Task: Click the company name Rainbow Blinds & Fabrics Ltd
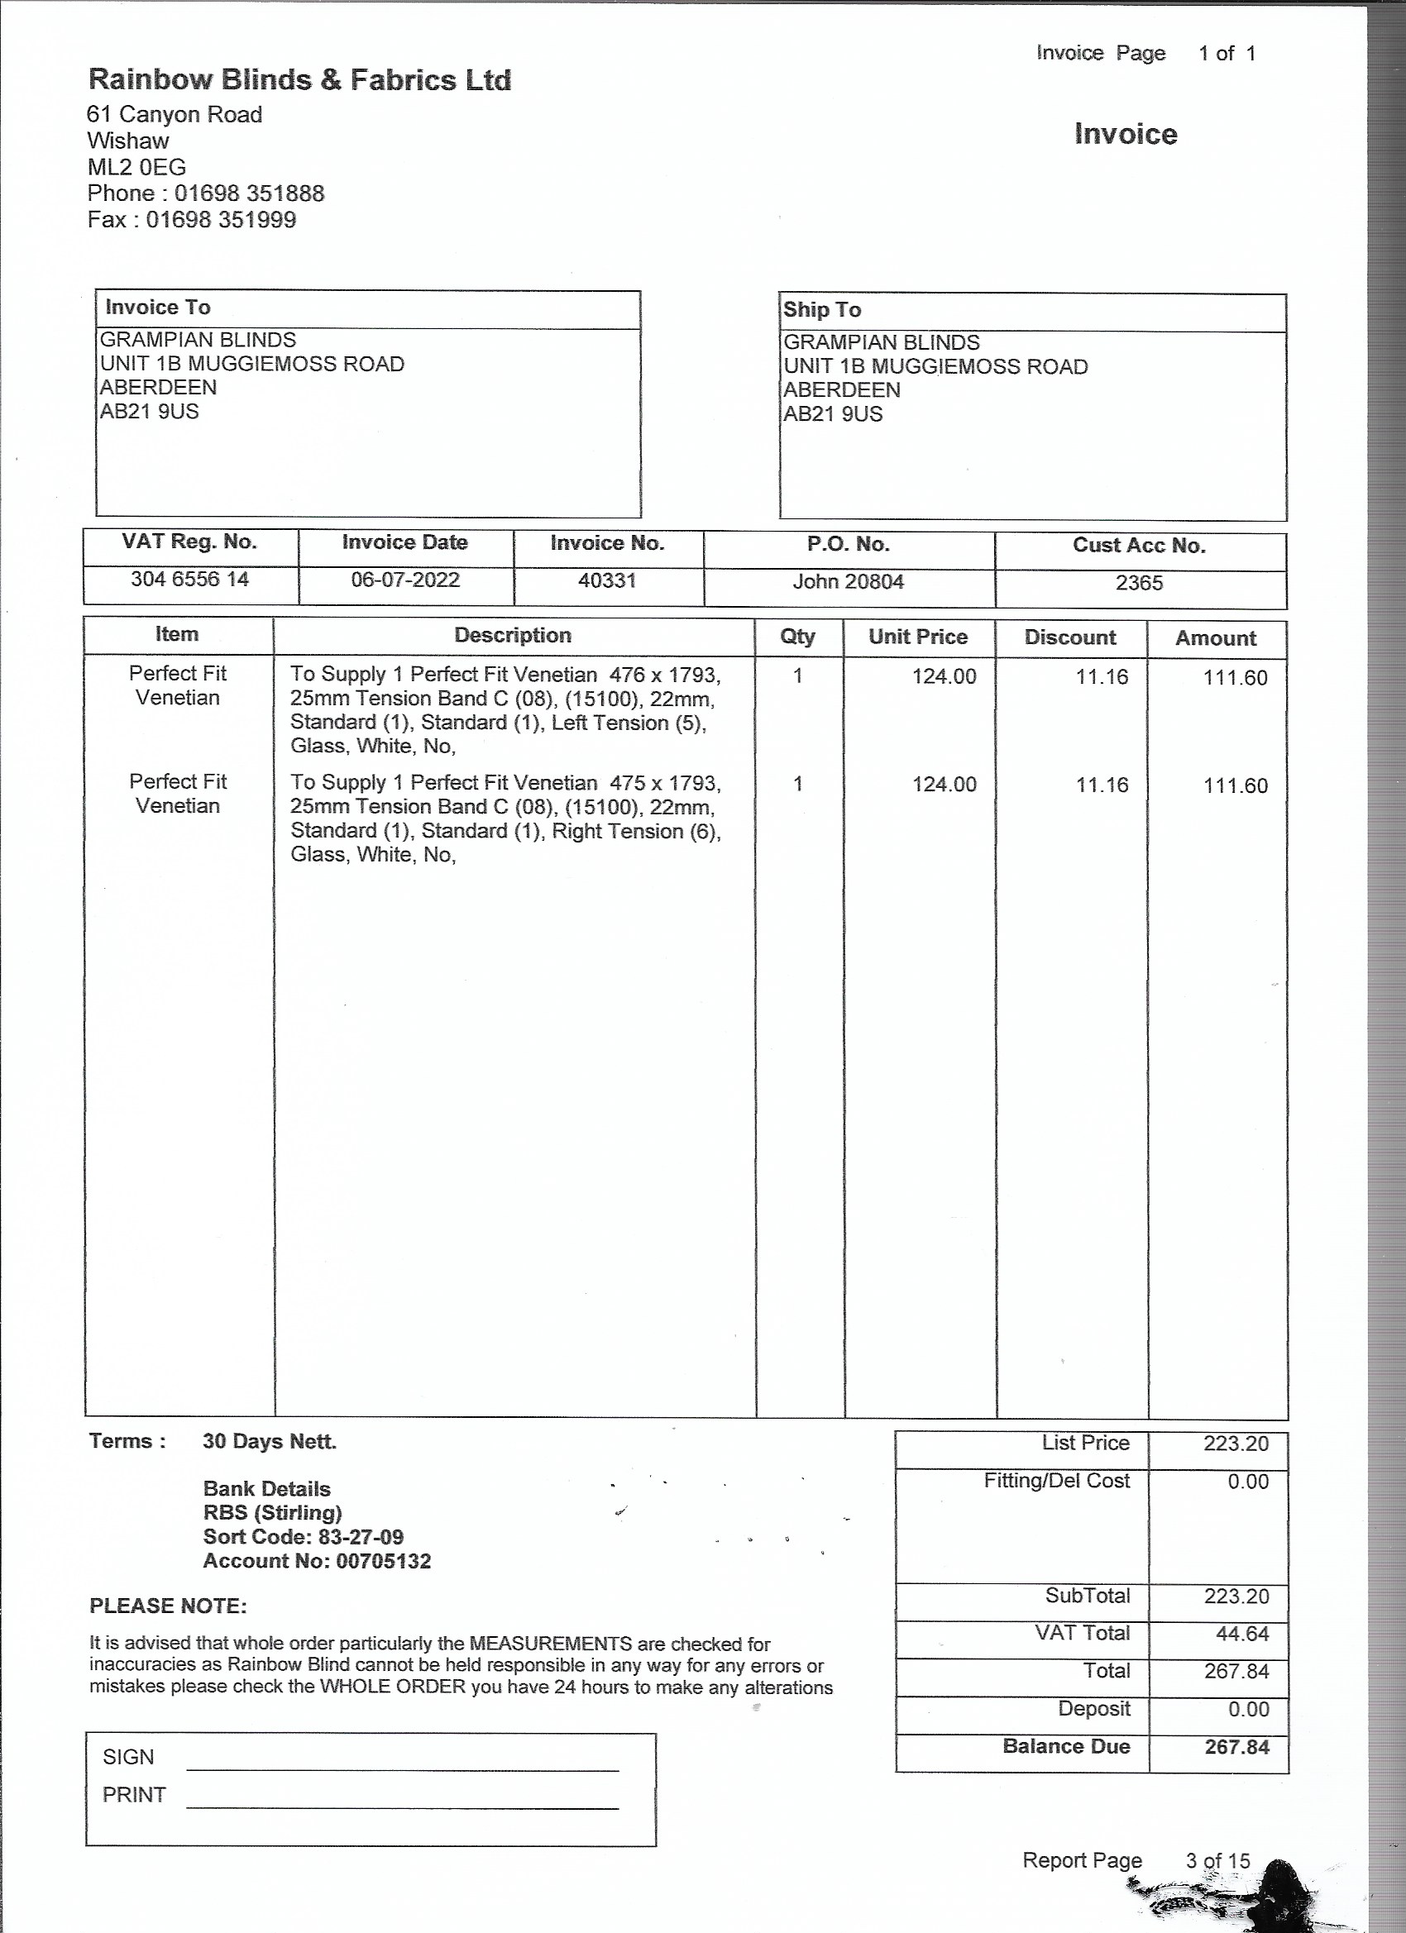(x=299, y=80)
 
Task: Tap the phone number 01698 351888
(x=249, y=193)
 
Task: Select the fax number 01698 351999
(x=221, y=220)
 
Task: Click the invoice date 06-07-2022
(x=405, y=580)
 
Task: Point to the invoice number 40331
(x=607, y=581)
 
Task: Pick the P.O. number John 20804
(x=848, y=582)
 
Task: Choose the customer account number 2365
(x=1139, y=584)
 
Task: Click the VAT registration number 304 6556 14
(x=189, y=580)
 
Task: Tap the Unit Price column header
(x=917, y=637)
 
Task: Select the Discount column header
(x=1070, y=638)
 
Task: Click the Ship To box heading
(x=822, y=310)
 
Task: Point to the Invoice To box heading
(x=158, y=308)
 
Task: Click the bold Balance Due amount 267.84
(x=1236, y=1746)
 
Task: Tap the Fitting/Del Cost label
(x=1056, y=1481)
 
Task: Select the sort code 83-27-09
(x=361, y=1537)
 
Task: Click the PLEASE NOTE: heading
(x=168, y=1606)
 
